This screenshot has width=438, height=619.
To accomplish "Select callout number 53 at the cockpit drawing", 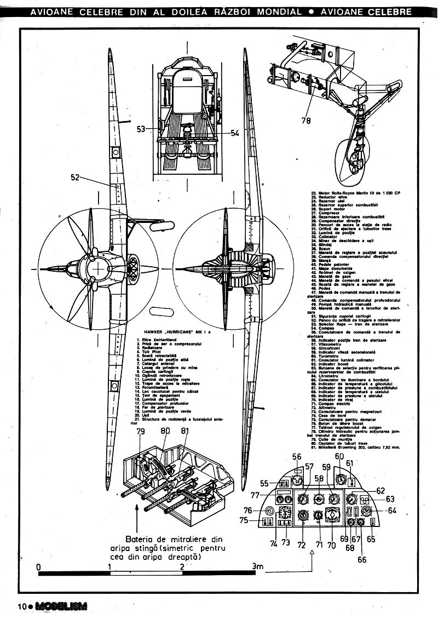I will (x=141, y=129).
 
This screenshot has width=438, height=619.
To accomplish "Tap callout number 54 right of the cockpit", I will (x=235, y=133).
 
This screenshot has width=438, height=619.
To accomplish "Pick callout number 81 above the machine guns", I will (x=185, y=431).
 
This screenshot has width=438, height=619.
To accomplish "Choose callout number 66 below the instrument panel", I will (x=362, y=559).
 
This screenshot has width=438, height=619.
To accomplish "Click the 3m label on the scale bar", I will (x=257, y=566).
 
